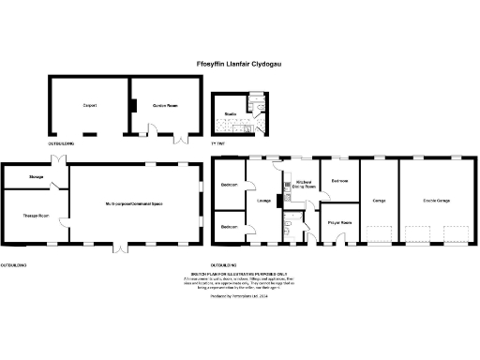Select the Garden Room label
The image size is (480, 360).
165,105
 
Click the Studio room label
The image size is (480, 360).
229,113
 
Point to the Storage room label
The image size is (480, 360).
37,175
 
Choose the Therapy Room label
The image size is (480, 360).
36,216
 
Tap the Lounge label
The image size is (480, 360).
264,200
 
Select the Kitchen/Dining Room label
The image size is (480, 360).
303,185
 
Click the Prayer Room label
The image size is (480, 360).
339,222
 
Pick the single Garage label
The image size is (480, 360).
380,200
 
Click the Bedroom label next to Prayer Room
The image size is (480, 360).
340,180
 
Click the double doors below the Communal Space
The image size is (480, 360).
119,249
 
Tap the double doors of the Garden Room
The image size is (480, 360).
178,140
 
